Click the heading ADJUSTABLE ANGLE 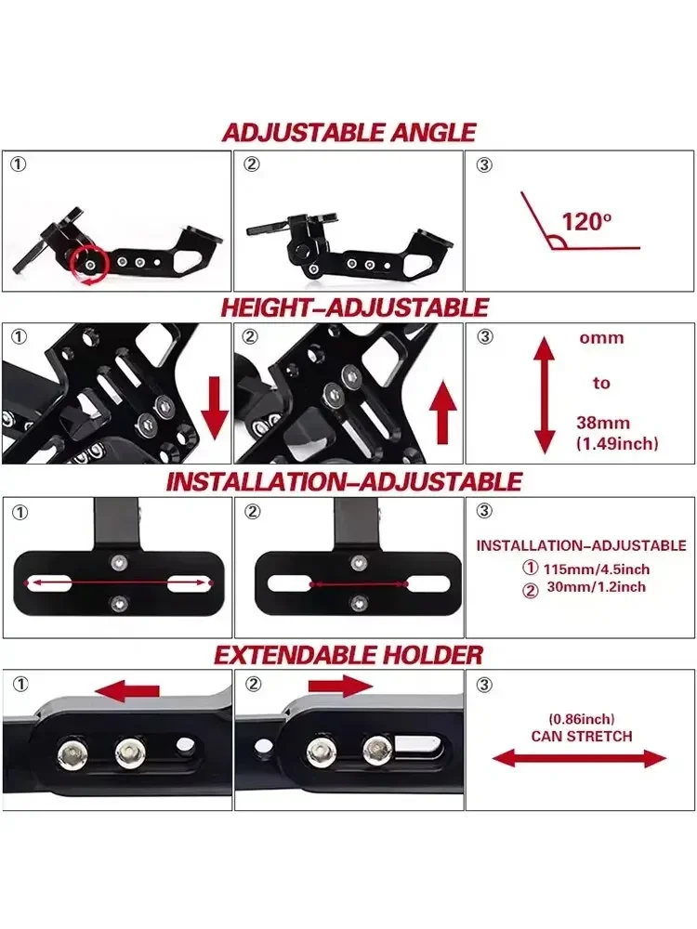[348, 132]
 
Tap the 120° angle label [587, 223]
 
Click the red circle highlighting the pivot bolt [90, 265]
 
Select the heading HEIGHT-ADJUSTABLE [353, 307]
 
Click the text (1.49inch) [617, 444]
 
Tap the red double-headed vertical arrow [544, 395]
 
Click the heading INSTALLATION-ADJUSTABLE [344, 482]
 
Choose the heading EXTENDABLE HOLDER [348, 655]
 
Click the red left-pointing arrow [127, 691]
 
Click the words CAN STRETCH [582, 736]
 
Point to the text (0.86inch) [582, 719]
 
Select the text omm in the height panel [601, 338]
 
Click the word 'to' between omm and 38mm [601, 383]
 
